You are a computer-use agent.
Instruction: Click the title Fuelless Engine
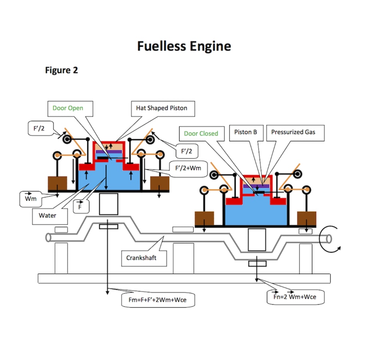pos(184,46)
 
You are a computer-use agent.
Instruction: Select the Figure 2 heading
pos(61,70)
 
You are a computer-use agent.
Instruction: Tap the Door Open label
pos(67,108)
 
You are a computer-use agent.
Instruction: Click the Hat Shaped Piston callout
pos(161,108)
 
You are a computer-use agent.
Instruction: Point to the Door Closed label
pos(201,133)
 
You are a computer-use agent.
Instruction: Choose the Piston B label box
pos(245,132)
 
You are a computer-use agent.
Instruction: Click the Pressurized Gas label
pos(293,132)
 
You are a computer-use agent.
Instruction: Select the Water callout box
pos(47,216)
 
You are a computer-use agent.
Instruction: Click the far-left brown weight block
pos(57,183)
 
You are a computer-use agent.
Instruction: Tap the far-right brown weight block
pos(307,218)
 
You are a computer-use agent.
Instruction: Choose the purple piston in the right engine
pos(256,185)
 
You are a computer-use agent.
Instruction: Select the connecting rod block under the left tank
pos(108,204)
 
